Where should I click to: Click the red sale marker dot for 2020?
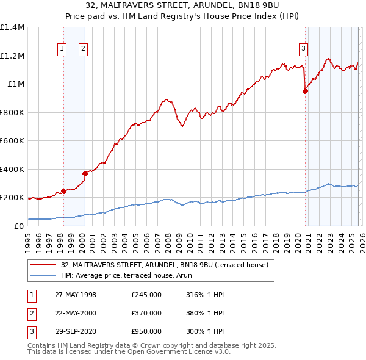coord(305,92)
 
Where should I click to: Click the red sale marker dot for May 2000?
coord(85,174)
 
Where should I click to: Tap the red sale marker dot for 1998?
coord(63,192)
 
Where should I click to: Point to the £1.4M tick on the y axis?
coord(12,27)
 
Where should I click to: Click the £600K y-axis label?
coord(12,141)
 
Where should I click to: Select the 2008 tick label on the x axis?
coord(168,239)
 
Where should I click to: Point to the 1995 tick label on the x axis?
coord(28,239)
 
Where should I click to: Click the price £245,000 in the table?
coord(146,295)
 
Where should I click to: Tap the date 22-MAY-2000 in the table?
coord(76,313)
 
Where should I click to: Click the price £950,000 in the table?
coord(146,332)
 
